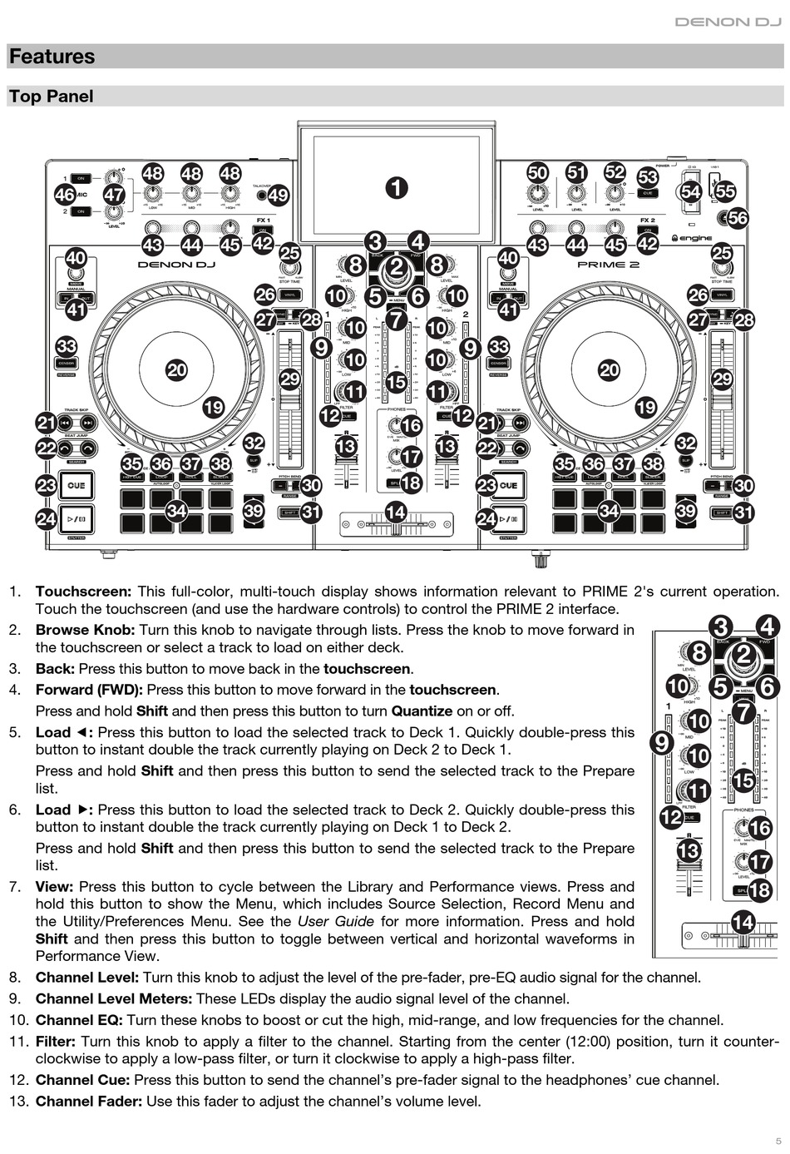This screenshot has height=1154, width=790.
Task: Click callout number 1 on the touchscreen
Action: click(397, 187)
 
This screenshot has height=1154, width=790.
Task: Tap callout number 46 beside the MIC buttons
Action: click(65, 195)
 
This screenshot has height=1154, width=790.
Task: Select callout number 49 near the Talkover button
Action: click(278, 196)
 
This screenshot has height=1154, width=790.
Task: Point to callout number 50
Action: click(538, 172)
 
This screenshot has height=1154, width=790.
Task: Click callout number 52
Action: click(615, 172)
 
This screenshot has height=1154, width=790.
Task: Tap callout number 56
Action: click(737, 218)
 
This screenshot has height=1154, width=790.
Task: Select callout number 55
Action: click(725, 191)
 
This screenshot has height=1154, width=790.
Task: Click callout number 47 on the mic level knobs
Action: click(113, 195)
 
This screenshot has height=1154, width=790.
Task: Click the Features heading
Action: click(52, 57)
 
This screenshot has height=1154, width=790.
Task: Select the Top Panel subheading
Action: click(51, 97)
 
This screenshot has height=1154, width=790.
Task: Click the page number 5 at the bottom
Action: click(778, 1141)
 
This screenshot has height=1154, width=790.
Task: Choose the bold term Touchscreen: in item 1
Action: click(83, 592)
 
